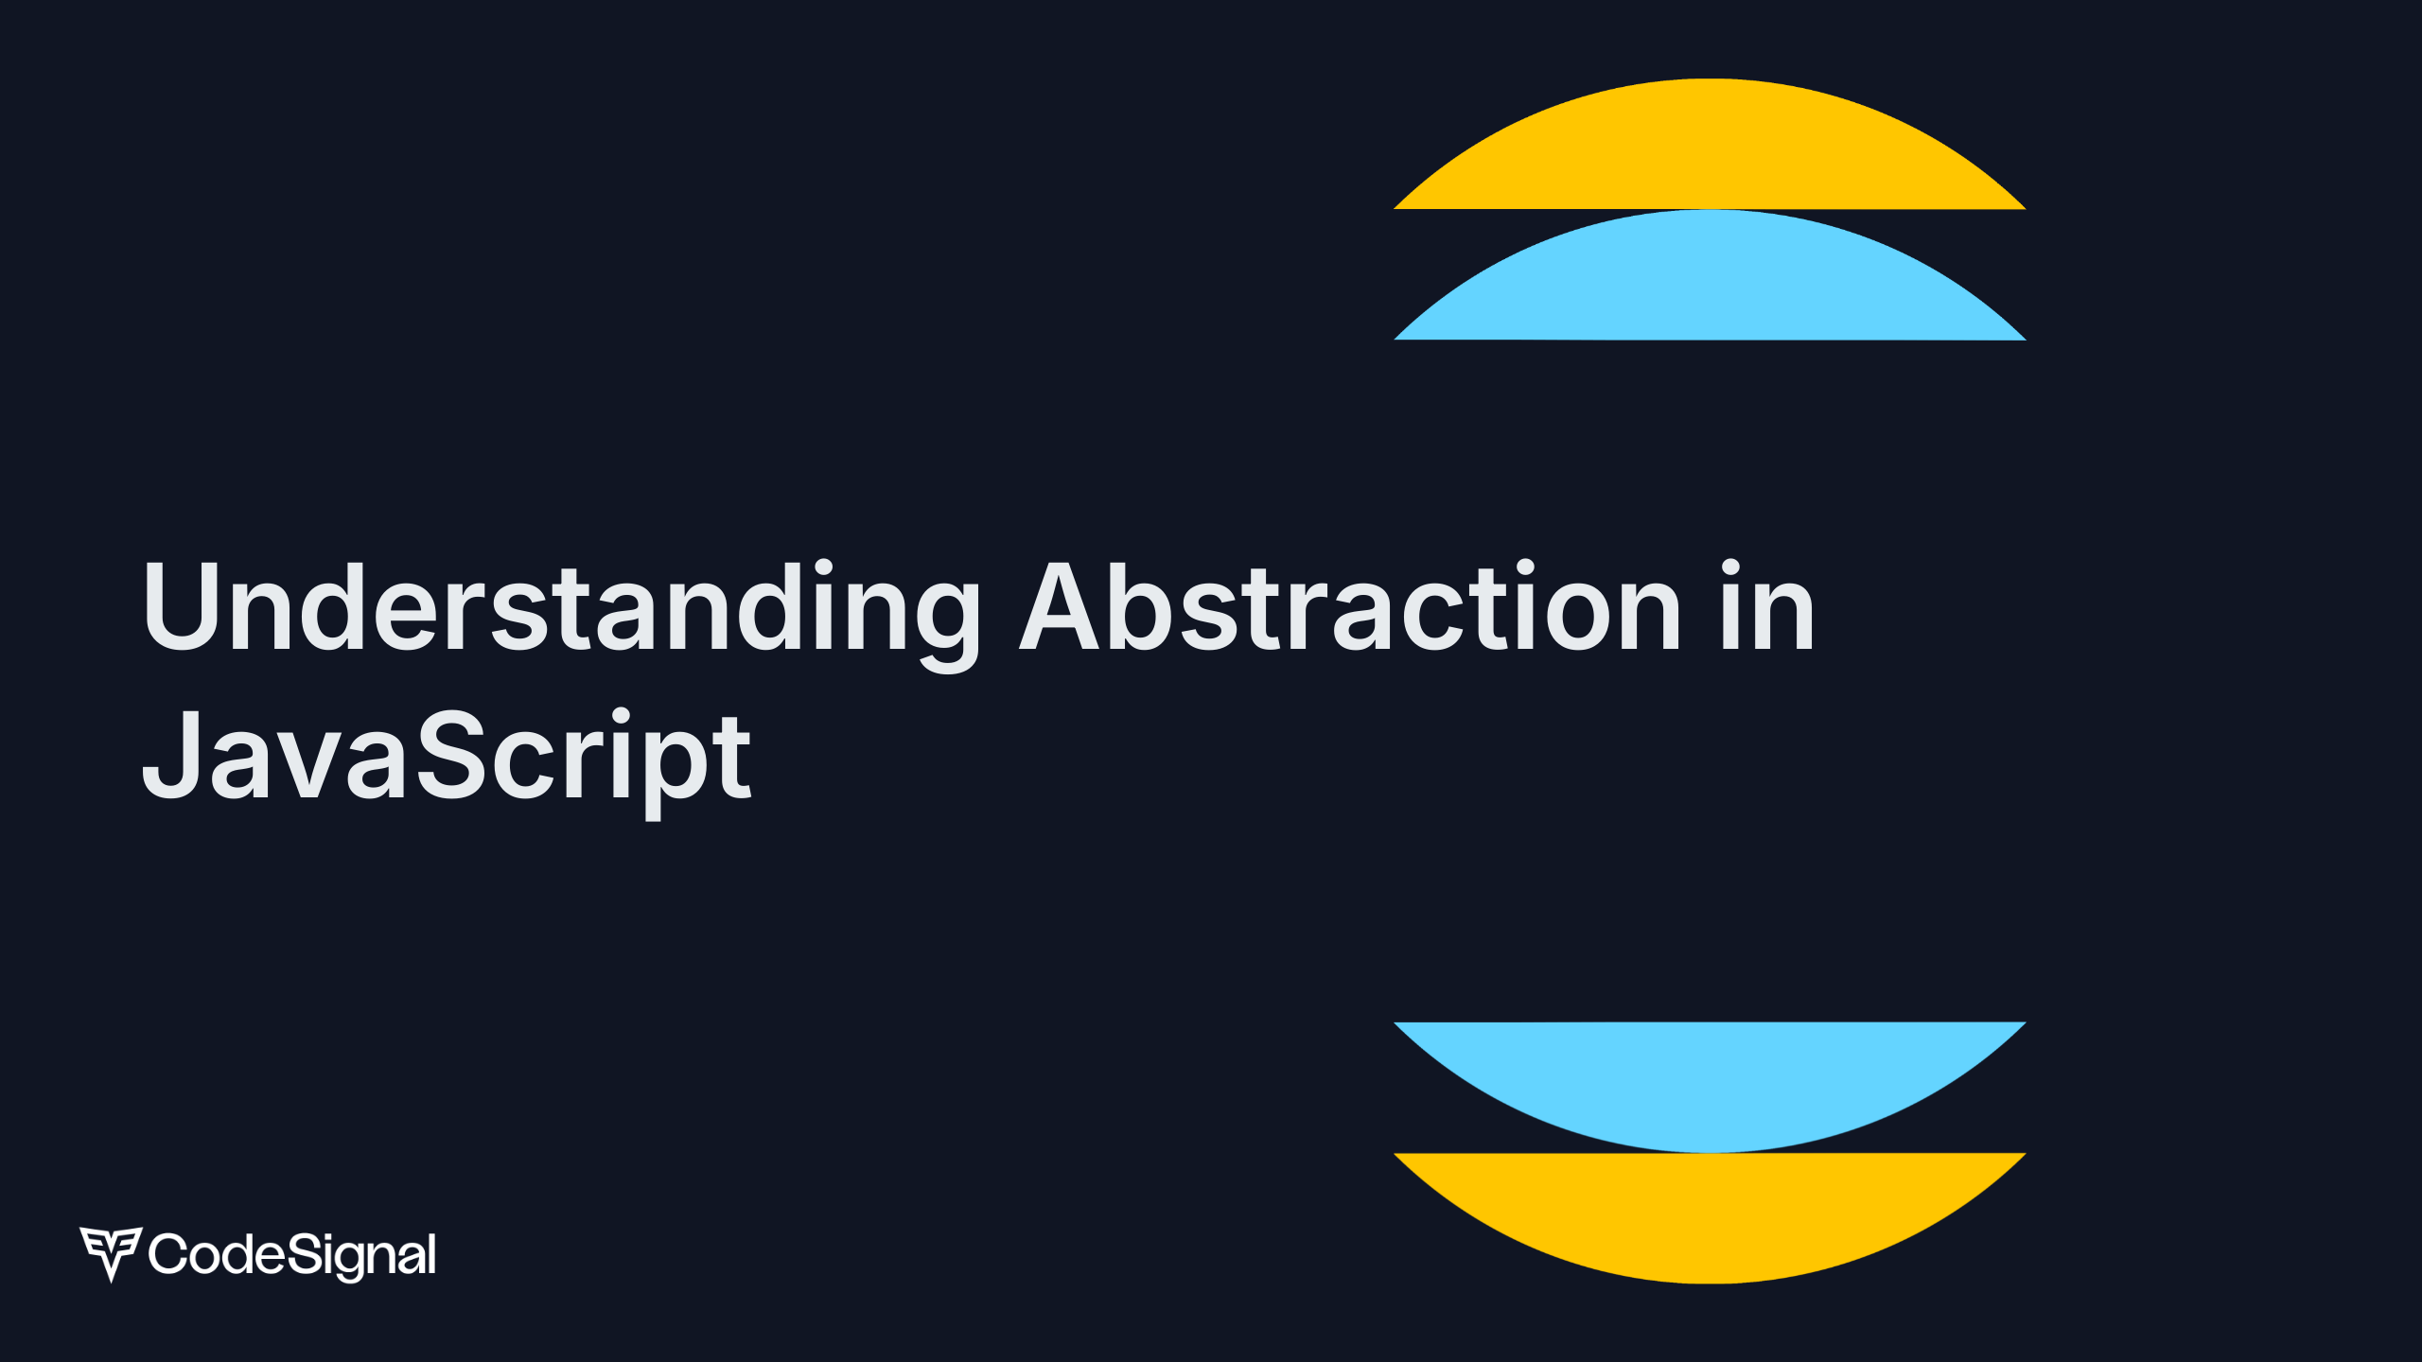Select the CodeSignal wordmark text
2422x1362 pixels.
pyautogui.click(x=292, y=1255)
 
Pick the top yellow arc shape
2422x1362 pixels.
pyautogui.click(x=1710, y=144)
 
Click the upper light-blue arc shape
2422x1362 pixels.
pyautogui.click(x=1710, y=275)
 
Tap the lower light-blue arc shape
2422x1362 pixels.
pyautogui.click(x=1710, y=1087)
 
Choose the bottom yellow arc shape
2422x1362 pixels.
pyautogui.click(x=1710, y=1218)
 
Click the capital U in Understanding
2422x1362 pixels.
pyautogui.click(x=181, y=606)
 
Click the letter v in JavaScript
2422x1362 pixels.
pyautogui.click(x=311, y=765)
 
